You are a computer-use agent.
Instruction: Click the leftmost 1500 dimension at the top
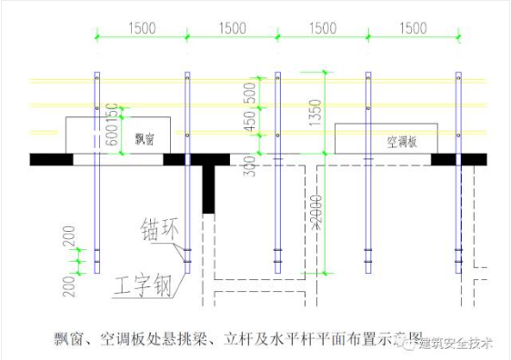coord(142,28)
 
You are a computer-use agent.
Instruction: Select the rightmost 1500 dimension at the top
coord(412,28)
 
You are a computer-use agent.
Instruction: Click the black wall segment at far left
coord(51,159)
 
